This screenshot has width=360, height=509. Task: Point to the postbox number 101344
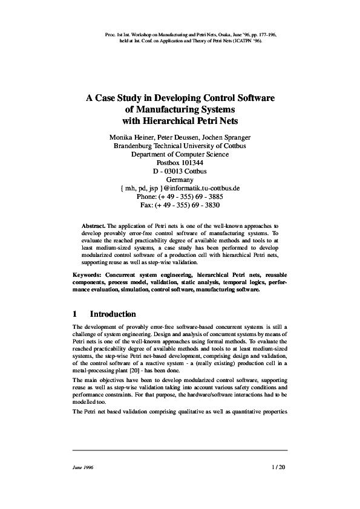coord(188,163)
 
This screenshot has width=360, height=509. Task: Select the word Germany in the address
coord(180,180)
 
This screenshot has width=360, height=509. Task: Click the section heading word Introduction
coord(113,314)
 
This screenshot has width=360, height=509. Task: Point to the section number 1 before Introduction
coord(74,314)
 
